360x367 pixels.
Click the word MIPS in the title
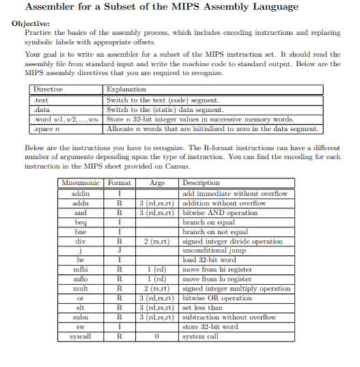[x=211, y=7]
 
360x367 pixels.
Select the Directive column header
[x=47, y=89]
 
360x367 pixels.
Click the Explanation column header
[x=127, y=89]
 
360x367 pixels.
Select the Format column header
[x=119, y=182]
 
